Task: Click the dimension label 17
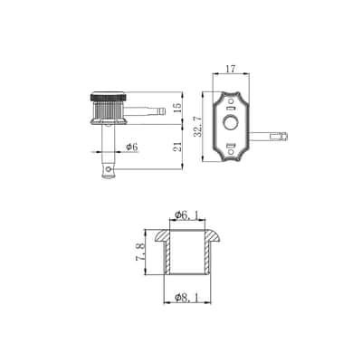pyautogui.click(x=231, y=69)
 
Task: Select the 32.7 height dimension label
pyautogui.click(x=197, y=127)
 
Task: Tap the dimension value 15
pyautogui.click(x=178, y=108)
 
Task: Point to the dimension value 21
pyautogui.click(x=178, y=147)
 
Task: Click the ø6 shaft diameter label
pyautogui.click(x=132, y=147)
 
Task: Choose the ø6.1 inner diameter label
pyautogui.click(x=187, y=214)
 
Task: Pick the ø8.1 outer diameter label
pyautogui.click(x=187, y=298)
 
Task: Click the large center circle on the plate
pyautogui.click(x=231, y=123)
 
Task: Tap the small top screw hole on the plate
pyautogui.click(x=232, y=100)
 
